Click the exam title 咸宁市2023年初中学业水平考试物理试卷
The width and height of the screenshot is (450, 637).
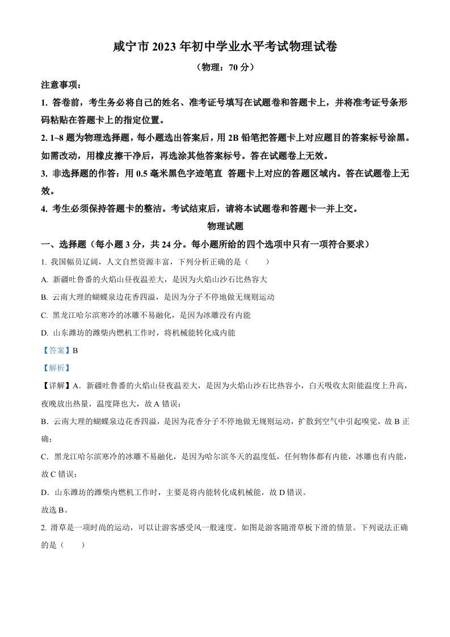pos(225,48)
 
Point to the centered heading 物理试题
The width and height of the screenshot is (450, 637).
pos(225,226)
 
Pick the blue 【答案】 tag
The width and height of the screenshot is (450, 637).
pos(56,350)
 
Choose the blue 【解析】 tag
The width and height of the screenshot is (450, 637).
pos(56,368)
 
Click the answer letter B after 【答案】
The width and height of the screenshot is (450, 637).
pos(74,350)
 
